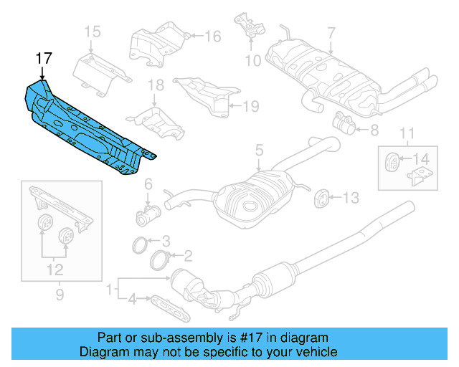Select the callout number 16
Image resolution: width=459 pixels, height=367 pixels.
point(214,36)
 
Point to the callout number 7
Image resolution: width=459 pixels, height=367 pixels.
point(331,32)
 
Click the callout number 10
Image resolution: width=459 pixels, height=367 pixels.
point(253,61)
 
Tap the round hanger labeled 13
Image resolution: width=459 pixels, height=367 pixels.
point(321,196)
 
